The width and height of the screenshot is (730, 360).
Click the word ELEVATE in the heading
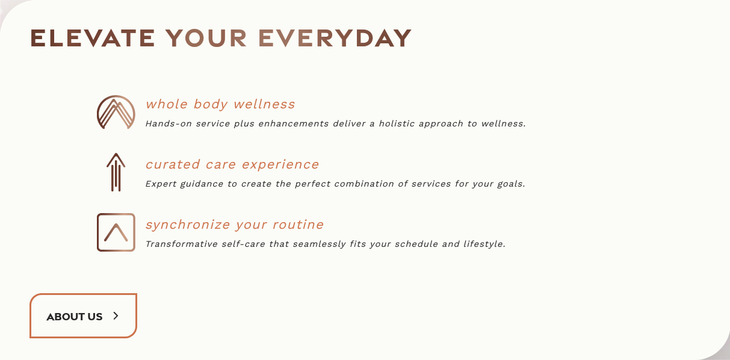pos(93,38)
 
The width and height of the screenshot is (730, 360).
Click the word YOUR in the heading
pos(206,38)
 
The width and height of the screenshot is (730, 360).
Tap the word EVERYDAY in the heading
pos(335,38)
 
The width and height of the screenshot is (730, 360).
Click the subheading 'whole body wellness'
pos(220,104)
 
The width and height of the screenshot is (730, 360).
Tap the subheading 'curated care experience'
pos(232,164)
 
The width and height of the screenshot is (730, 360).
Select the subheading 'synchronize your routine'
pos(235,225)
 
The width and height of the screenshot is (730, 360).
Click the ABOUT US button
pos(84,315)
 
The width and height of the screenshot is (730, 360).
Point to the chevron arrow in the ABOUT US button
pos(116,315)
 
